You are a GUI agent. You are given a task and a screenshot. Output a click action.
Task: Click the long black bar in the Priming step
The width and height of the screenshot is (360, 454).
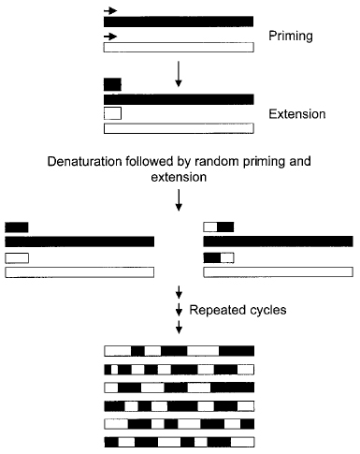(x=178, y=21)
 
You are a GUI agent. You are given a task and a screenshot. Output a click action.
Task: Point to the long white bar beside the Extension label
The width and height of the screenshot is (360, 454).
(x=178, y=128)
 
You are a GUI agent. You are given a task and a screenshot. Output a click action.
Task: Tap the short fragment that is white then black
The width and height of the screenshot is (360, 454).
(x=218, y=227)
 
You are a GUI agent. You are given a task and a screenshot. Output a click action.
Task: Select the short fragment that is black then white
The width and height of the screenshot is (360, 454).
(x=218, y=256)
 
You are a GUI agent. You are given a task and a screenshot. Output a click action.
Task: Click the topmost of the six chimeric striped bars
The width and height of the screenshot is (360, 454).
(x=178, y=350)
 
